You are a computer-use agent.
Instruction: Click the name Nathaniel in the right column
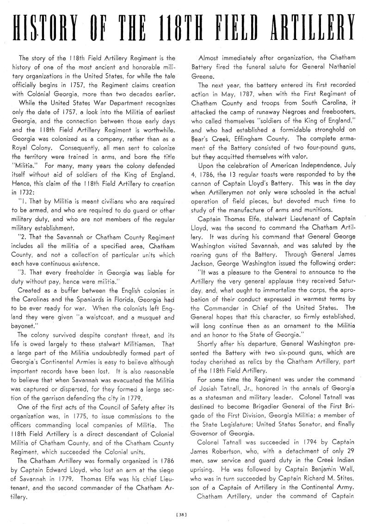coord(342,67)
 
